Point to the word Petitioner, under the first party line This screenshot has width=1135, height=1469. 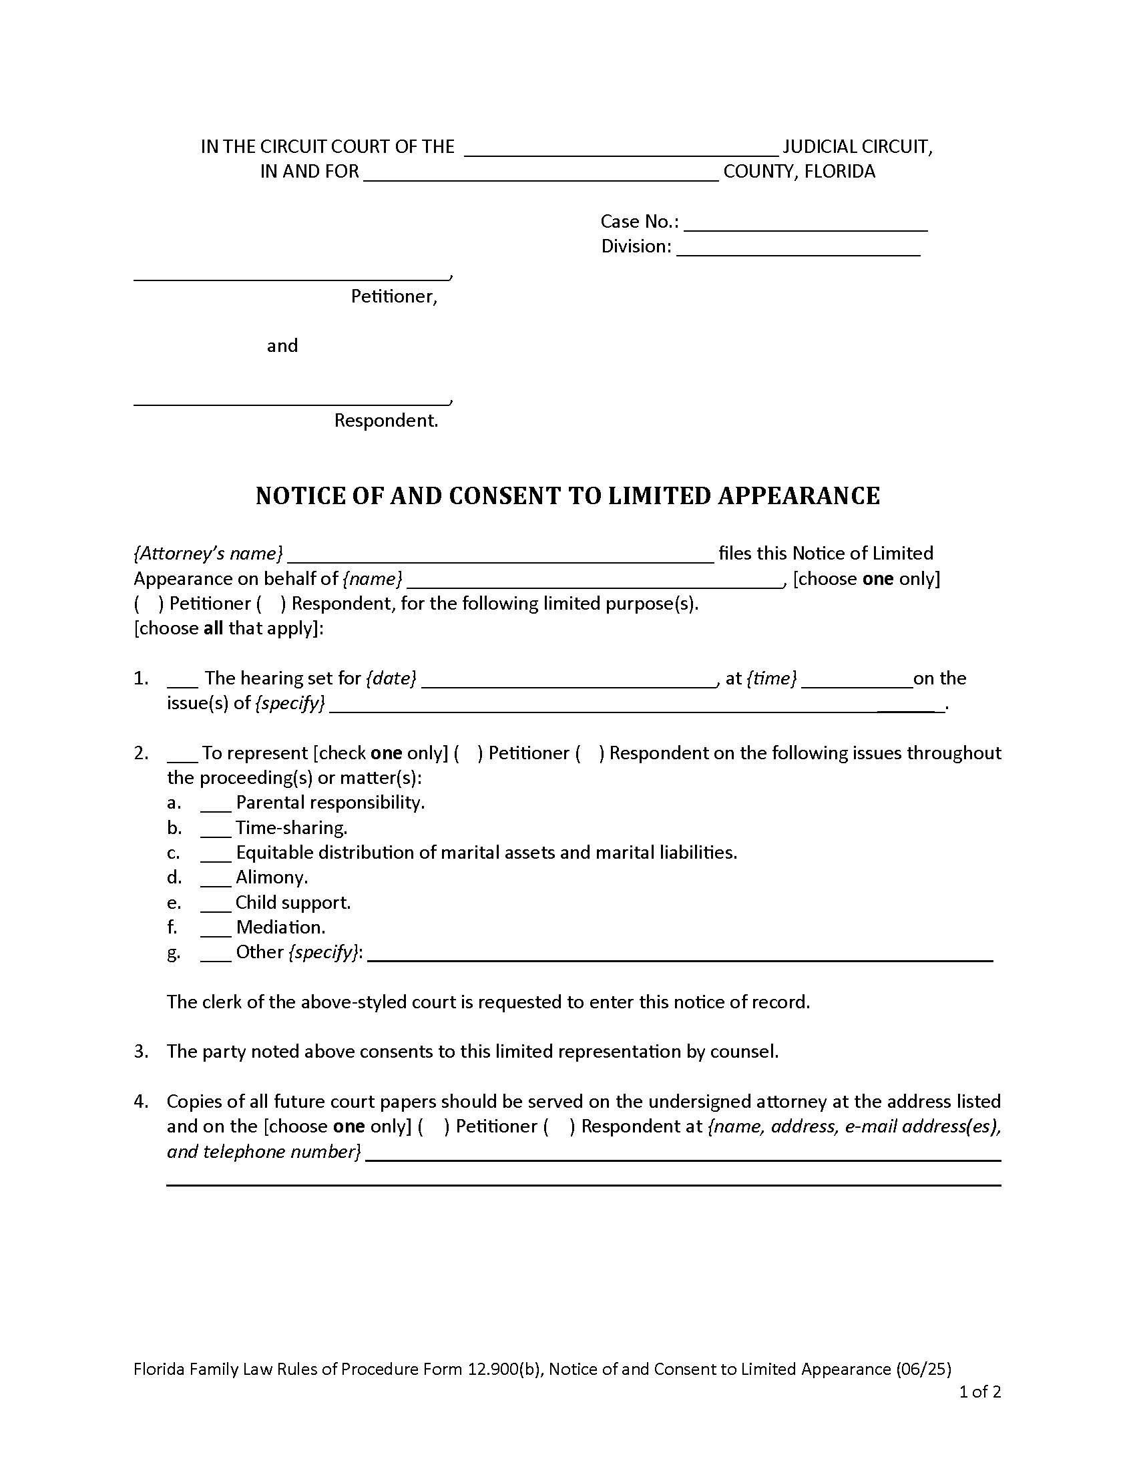tap(393, 296)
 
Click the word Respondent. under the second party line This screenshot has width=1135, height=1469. tap(386, 421)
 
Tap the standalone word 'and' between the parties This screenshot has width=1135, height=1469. tap(282, 346)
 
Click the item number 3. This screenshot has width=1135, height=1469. tap(140, 1051)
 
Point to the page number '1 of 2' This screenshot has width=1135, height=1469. tap(979, 1392)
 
